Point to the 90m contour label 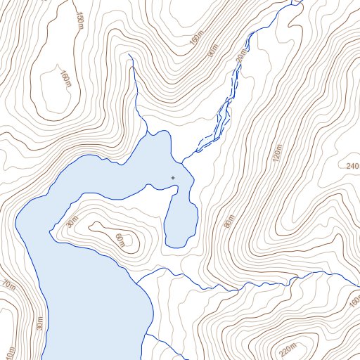212,51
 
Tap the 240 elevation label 352,166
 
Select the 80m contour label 228,221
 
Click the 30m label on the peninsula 72,223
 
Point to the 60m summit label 120,241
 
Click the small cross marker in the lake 174,178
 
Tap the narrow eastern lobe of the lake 181,218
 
